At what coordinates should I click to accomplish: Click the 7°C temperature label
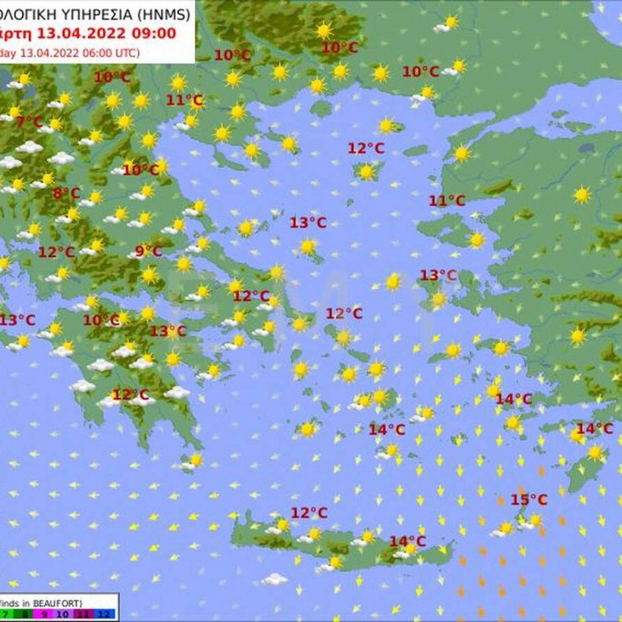(x=30, y=121)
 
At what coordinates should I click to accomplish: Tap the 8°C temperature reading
(x=67, y=193)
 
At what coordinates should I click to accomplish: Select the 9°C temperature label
(x=149, y=251)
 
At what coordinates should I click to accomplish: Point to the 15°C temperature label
(x=529, y=499)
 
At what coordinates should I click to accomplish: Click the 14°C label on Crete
(x=407, y=541)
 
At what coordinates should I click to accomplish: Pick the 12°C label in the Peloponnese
(x=130, y=394)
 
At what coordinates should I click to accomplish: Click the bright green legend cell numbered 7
(x=5, y=613)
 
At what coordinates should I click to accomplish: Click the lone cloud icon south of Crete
(x=274, y=579)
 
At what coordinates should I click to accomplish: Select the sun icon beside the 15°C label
(x=534, y=520)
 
